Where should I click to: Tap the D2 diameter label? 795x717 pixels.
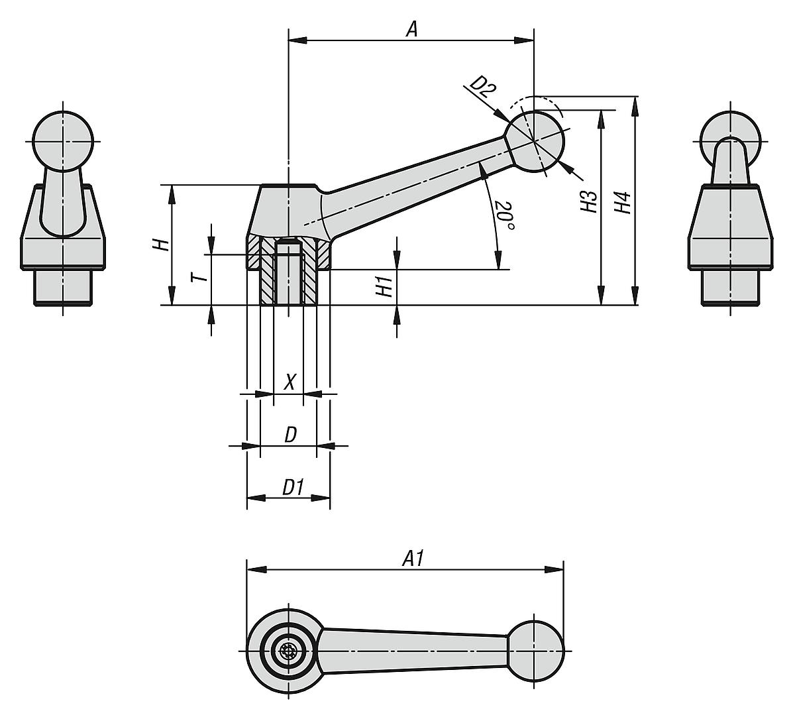tap(483, 87)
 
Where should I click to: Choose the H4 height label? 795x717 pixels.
tap(622, 202)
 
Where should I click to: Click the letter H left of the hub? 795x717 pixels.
tap(160, 245)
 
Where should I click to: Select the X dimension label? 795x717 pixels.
tap(289, 382)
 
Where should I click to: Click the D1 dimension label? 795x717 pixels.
tap(292, 488)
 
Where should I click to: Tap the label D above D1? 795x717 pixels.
tap(290, 435)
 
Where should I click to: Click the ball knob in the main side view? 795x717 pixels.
tap(537, 139)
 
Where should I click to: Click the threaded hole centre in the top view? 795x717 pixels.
tap(288, 650)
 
